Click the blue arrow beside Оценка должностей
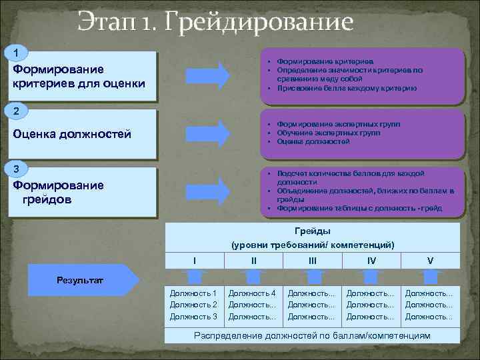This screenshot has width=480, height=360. click(207, 131)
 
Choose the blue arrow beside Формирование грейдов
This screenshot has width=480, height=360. click(207, 189)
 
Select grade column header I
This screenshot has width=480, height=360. click(194, 260)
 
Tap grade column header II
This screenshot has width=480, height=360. click(253, 260)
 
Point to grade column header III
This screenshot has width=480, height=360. click(313, 260)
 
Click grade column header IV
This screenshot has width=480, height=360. click(371, 260)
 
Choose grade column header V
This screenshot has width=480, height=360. click(431, 260)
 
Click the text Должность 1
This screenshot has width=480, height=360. click(193, 293)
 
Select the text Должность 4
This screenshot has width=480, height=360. click(252, 293)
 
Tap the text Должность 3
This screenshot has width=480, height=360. click(193, 316)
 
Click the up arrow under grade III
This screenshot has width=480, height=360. click(312, 276)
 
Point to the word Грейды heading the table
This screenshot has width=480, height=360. click(312, 231)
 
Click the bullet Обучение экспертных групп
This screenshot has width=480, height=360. click(319, 133)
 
